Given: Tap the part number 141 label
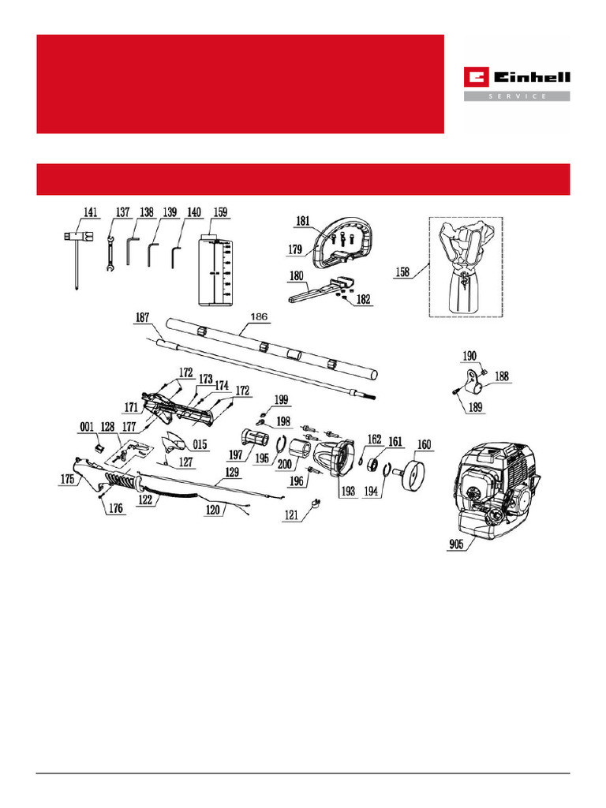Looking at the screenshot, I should (x=92, y=212).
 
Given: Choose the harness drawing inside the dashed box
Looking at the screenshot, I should (x=466, y=266).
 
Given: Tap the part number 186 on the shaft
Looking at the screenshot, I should (x=259, y=317).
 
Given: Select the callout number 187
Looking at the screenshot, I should (x=142, y=317).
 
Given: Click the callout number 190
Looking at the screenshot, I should (x=469, y=357).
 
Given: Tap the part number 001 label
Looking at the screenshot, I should (x=87, y=428).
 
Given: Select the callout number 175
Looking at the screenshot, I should (x=67, y=479).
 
